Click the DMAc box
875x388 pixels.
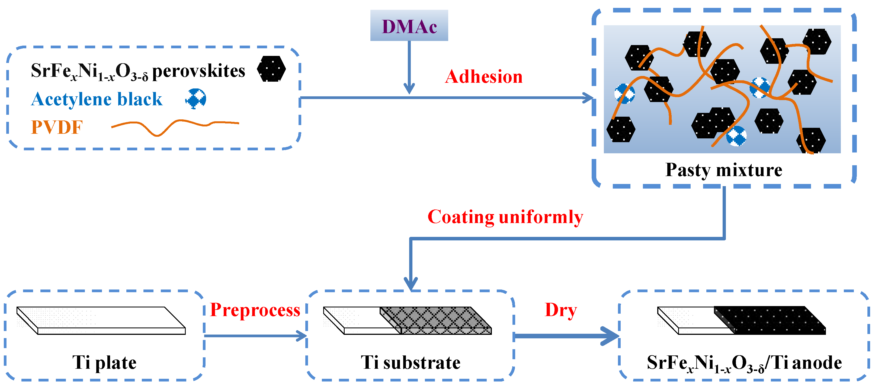[x=409, y=26]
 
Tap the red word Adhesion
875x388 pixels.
[x=483, y=77]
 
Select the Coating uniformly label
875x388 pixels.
[x=505, y=217]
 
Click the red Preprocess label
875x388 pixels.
[x=255, y=310]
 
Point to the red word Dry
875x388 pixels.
[x=561, y=310]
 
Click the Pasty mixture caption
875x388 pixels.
[x=723, y=170]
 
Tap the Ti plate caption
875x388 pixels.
[x=104, y=362]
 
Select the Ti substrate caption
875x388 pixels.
[x=410, y=362]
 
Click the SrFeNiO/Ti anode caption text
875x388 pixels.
[x=744, y=363]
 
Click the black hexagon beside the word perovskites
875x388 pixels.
[x=271, y=69]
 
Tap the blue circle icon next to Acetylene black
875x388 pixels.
[x=196, y=99]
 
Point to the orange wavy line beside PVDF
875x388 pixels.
[x=175, y=126]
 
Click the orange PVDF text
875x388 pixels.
[x=57, y=128]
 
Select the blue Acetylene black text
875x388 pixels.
[x=97, y=99]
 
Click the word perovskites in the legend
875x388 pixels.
[x=198, y=71]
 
